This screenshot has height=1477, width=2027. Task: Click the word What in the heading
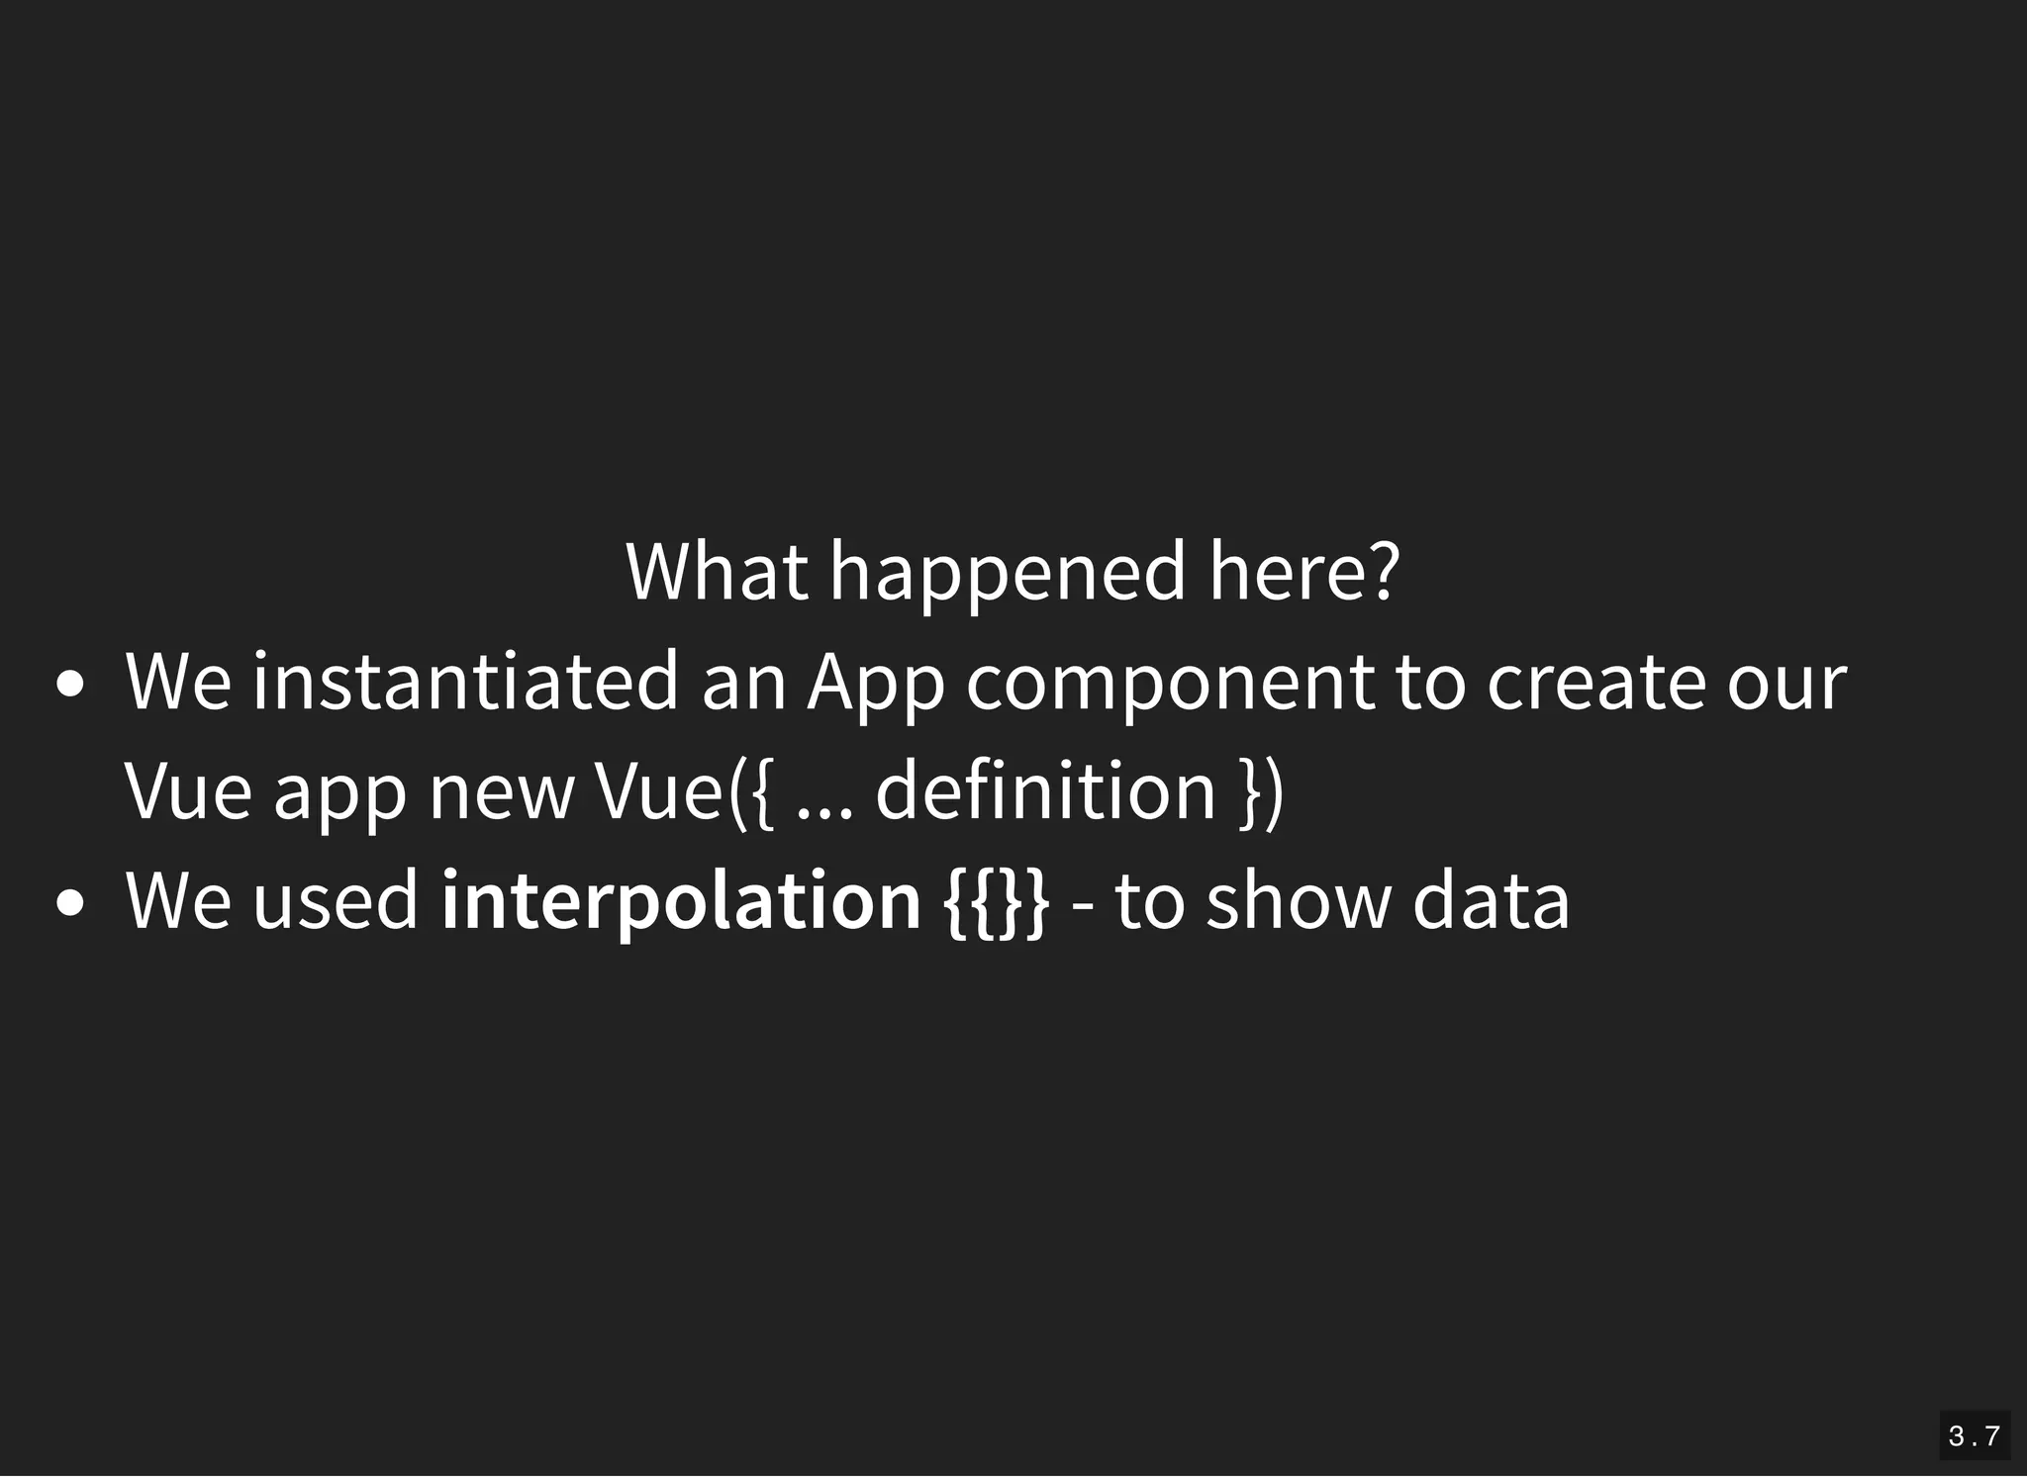[716, 571]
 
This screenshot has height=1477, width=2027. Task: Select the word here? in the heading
[1304, 571]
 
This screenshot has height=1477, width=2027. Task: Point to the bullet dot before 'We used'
[70, 902]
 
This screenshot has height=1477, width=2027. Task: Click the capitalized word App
[876, 683]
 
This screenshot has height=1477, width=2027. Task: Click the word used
[336, 900]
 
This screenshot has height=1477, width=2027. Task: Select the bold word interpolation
[681, 900]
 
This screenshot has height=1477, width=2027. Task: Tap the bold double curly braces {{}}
[996, 900]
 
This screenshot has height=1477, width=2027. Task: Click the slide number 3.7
[1974, 1435]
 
